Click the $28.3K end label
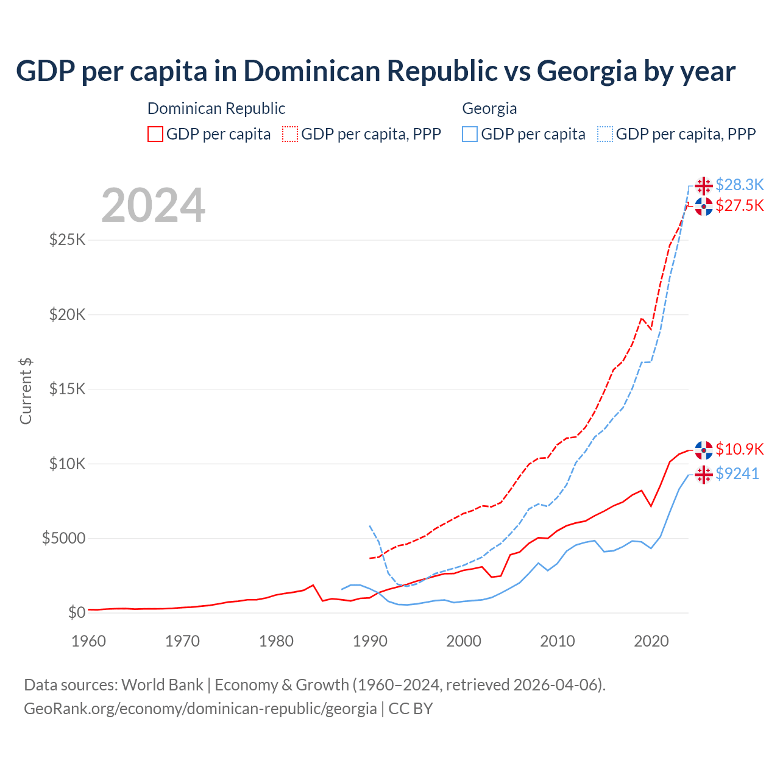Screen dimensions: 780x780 click(739, 185)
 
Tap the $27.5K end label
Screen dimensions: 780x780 click(739, 205)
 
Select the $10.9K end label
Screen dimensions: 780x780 click(739, 449)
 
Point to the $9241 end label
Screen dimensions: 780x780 click(737, 473)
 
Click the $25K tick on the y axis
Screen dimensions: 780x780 click(68, 239)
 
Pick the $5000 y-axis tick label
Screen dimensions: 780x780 click(63, 538)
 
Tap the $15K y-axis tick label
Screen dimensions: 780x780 click(68, 389)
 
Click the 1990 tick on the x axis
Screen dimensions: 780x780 click(370, 641)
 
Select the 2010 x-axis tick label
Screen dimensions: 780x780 click(558, 641)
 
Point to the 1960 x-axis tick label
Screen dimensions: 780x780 click(89, 641)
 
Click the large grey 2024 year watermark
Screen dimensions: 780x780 click(153, 206)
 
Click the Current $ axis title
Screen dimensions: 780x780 click(26, 391)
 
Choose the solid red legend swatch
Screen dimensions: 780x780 click(155, 134)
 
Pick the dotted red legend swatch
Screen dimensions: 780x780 click(291, 134)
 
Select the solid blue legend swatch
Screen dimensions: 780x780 click(470, 134)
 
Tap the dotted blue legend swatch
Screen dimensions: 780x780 click(605, 134)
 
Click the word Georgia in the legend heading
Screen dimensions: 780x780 click(489, 108)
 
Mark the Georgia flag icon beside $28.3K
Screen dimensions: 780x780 click(704, 185)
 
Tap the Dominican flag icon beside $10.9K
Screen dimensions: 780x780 click(704, 450)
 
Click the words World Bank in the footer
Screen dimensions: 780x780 click(162, 685)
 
